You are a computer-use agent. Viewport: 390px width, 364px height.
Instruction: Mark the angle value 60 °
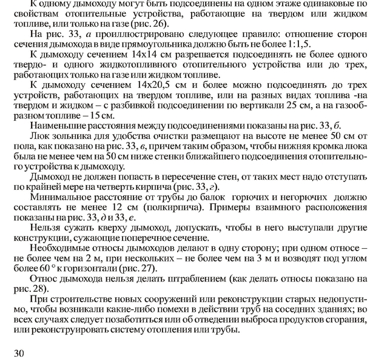(x=45, y=268)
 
